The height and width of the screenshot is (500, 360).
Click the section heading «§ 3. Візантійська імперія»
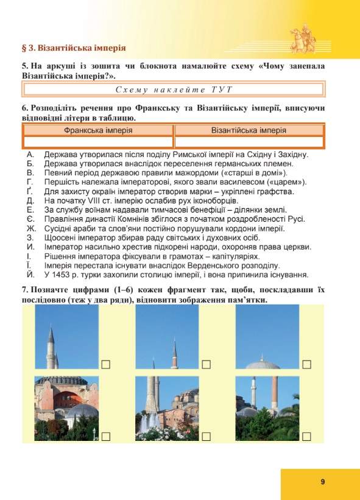(x=74, y=47)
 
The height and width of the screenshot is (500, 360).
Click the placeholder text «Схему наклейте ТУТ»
(x=174, y=90)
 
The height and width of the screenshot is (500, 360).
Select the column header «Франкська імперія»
(x=98, y=130)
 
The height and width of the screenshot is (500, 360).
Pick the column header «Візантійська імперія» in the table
(x=249, y=130)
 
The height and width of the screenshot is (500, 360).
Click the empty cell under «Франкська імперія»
(x=98, y=142)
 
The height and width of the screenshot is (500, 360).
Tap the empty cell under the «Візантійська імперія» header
(x=249, y=142)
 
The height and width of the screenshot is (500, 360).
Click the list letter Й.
(x=30, y=275)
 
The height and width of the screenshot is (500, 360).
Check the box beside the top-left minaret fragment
(x=106, y=364)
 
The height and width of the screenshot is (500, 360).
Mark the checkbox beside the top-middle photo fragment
(x=206, y=364)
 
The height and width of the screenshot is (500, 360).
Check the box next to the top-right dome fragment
(x=306, y=364)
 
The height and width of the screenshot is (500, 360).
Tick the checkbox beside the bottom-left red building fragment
(x=106, y=436)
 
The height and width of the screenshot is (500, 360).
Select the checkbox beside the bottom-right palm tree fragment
(x=306, y=436)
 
